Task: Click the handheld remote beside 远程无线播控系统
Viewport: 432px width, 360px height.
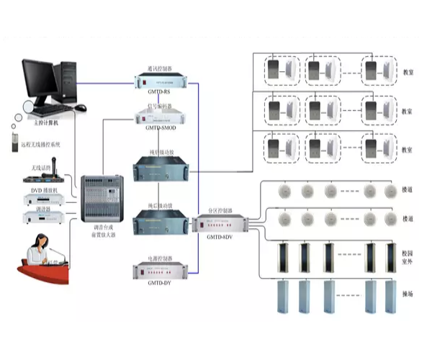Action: pyautogui.click(x=13, y=142)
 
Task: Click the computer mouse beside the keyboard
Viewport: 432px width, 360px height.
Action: pyautogui.click(x=80, y=107)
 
